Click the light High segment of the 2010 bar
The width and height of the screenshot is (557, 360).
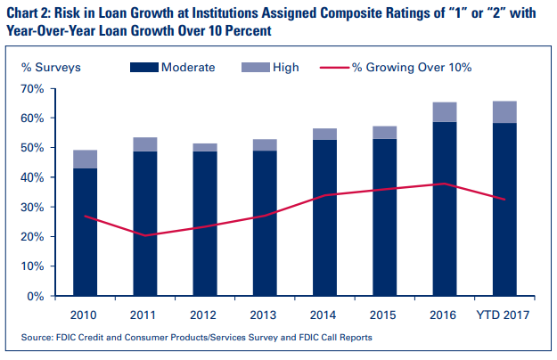(85, 159)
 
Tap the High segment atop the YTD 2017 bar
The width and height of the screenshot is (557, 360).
(504, 112)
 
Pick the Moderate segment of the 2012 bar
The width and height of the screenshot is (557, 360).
(204, 223)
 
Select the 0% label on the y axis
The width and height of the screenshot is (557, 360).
(34, 295)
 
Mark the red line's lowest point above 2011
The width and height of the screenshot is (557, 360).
(145, 235)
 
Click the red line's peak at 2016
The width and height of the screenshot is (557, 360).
(445, 184)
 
